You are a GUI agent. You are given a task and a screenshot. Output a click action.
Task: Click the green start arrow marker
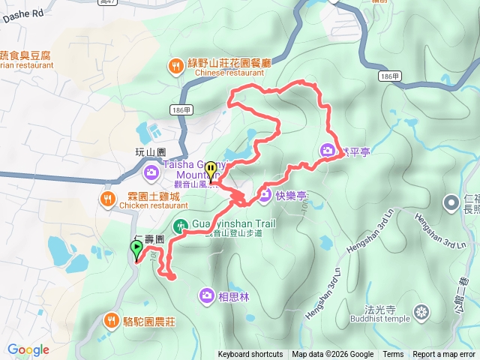(x=136, y=250)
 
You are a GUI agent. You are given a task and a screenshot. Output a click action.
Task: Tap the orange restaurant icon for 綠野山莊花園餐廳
(x=175, y=65)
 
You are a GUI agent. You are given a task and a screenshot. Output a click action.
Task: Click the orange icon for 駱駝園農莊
(x=112, y=320)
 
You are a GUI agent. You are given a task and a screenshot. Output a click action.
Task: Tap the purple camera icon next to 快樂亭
(x=264, y=196)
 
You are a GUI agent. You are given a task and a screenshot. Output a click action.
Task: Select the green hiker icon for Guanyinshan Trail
(x=181, y=225)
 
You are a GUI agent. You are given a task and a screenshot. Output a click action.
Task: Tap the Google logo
(x=28, y=349)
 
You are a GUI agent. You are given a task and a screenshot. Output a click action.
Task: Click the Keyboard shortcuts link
(x=250, y=355)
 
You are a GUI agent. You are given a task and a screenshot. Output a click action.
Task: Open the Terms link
(x=393, y=355)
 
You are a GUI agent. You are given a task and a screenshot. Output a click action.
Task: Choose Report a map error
(x=445, y=355)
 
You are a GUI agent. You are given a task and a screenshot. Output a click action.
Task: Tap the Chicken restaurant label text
(x=154, y=205)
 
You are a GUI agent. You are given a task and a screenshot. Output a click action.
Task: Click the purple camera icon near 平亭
(x=328, y=150)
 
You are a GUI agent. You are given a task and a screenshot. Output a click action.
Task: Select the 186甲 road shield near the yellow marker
(x=181, y=110)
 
